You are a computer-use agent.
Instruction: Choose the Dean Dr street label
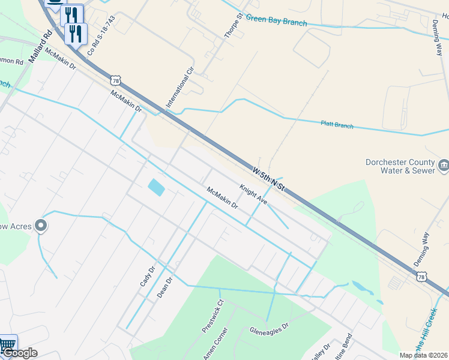tap(164, 288)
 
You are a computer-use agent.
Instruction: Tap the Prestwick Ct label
tap(212, 316)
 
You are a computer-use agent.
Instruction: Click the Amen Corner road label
tap(215, 343)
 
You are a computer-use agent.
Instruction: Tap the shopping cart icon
tap(7, 345)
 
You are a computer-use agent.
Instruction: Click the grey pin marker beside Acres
tap(41, 226)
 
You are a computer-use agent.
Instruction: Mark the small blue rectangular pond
tap(156, 187)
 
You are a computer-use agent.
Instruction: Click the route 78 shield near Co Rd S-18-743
tap(115, 80)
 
